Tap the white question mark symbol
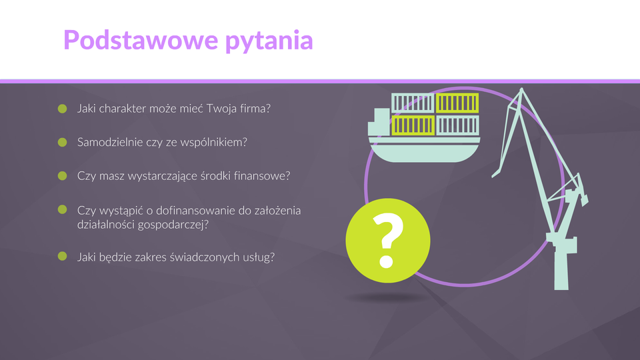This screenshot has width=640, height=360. tap(387, 240)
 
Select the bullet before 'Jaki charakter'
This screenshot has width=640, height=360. tap(63, 109)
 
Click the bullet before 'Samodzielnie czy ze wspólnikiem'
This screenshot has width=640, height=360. tap(63, 142)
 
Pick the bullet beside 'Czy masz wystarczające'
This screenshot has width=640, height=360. tap(63, 175)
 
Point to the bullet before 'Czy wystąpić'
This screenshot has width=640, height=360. tap(63, 209)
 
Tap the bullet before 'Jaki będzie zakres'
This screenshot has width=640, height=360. tap(63, 256)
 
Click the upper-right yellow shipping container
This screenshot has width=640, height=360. tap(457, 103)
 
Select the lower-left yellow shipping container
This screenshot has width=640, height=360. tap(413, 125)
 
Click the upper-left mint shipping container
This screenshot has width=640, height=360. tap(413, 103)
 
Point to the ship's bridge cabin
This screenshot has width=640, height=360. tap(379, 122)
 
